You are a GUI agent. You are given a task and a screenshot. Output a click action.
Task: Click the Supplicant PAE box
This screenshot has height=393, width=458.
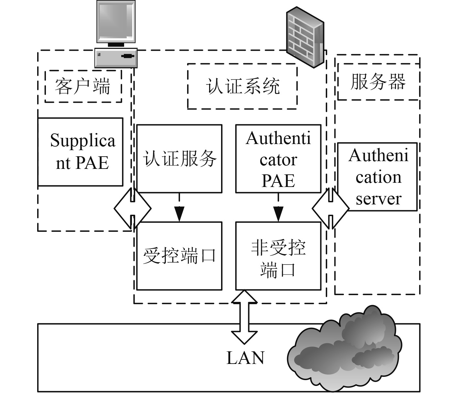pyautogui.click(x=80, y=152)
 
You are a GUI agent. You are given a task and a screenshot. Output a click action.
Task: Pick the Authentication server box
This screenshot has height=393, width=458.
pyautogui.click(x=378, y=177)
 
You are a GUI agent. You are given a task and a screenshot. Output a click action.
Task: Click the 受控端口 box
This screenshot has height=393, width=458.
pyautogui.click(x=179, y=256)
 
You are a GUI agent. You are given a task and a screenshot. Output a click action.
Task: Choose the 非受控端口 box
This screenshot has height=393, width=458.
pyautogui.click(x=278, y=256)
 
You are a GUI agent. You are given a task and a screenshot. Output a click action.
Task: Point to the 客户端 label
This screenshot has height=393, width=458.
pyautogui.click(x=83, y=86)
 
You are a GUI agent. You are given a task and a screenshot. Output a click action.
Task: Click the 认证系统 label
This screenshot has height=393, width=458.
pyautogui.click(x=242, y=86)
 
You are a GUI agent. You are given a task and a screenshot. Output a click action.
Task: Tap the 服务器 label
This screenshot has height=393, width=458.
pyautogui.click(x=378, y=81)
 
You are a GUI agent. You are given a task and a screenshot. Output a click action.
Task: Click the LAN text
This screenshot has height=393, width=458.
pyautogui.click(x=246, y=358)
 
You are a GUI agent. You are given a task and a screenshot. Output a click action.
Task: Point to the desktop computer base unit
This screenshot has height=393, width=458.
pyautogui.click(x=116, y=57)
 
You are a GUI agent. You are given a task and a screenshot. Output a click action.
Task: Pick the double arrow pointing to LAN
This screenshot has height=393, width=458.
pyautogui.click(x=245, y=316)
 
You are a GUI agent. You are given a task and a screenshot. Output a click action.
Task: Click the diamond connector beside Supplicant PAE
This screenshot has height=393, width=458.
pyautogui.click(x=133, y=208)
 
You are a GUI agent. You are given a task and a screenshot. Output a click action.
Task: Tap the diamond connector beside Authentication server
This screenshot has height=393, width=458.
pyautogui.click(x=331, y=208)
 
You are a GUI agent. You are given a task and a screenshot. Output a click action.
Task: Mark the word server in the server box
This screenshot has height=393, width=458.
pyautogui.click(x=378, y=199)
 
